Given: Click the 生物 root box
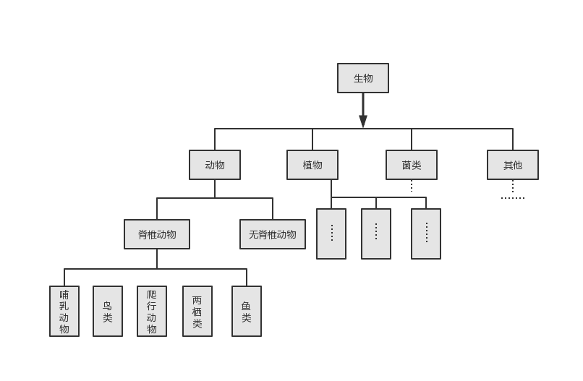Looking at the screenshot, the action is point(363,78).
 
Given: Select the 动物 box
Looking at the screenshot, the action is point(215,165).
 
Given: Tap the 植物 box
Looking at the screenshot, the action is point(312,165).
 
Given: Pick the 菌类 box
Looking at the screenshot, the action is point(412,165).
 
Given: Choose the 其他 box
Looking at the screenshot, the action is point(513,165).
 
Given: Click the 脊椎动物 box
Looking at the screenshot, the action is point(157,234).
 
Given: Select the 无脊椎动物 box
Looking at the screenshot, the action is point(273,234).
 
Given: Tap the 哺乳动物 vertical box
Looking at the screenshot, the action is point(64,312).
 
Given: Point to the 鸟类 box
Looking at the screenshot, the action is point(108,312).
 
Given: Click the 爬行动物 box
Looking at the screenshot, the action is point(152,312).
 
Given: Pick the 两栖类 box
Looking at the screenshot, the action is point(197,312).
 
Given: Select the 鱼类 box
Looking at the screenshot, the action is point(247,312).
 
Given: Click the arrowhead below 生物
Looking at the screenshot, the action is point(363,121).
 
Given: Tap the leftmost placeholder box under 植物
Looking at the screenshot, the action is point(331,234).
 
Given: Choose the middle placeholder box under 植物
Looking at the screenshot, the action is point(376,234).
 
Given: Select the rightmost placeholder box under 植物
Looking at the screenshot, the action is point(426,234).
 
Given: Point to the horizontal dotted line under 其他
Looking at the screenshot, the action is point(513,197).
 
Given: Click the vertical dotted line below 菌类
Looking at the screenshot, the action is point(412,186).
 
